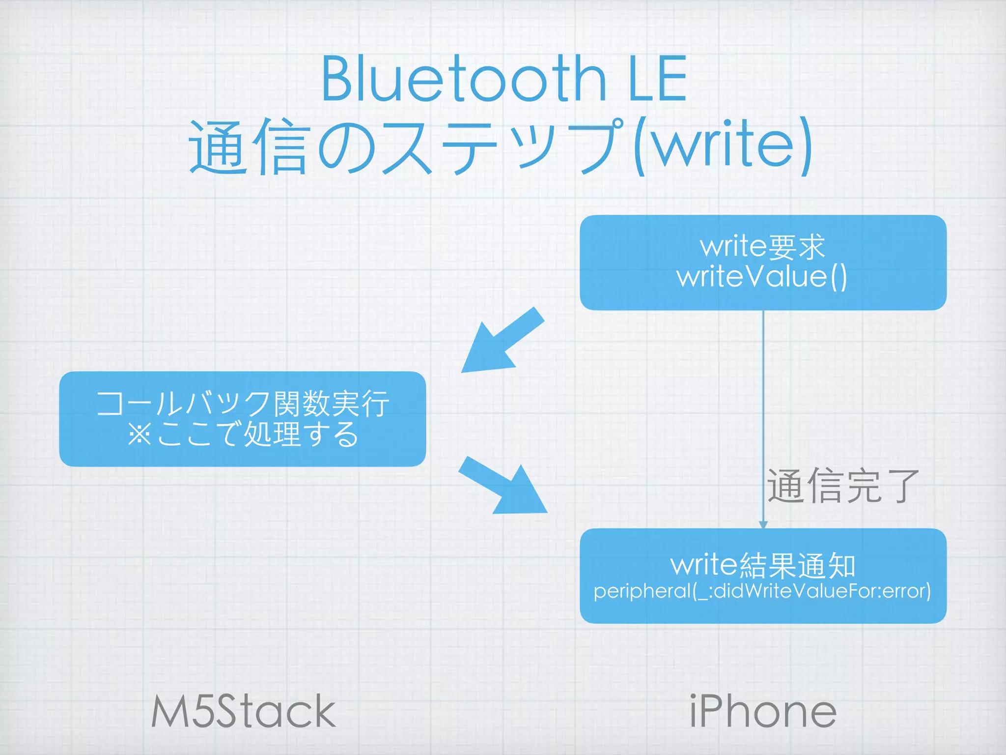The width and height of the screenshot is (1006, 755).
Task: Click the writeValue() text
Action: tap(762, 277)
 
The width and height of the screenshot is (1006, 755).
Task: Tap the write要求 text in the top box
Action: tap(763, 246)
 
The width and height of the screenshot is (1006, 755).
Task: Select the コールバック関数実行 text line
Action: tap(243, 404)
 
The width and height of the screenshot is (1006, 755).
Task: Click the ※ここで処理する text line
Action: tap(243, 434)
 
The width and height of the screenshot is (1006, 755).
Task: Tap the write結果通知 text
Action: tap(763, 565)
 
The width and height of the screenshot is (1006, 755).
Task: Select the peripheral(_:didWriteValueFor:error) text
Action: tap(762, 591)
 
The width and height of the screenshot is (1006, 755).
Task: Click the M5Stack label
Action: tap(243, 711)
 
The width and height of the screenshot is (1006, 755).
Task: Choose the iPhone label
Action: tap(763, 711)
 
